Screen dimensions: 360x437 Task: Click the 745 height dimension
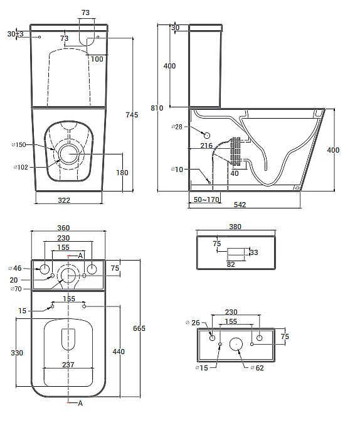[x=132, y=115]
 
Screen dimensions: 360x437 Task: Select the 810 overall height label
[x=157, y=108]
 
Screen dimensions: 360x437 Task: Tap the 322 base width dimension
[x=64, y=200]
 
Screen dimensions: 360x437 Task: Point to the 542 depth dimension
[x=240, y=205]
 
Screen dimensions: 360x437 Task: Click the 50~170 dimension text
[x=206, y=200]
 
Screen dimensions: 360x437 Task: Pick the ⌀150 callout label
[x=19, y=144]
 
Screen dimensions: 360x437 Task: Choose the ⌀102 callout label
[x=21, y=167]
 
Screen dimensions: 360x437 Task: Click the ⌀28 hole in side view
[x=206, y=136]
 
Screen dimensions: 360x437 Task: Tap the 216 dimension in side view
[x=206, y=146]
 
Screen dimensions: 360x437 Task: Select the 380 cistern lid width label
[x=235, y=227]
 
